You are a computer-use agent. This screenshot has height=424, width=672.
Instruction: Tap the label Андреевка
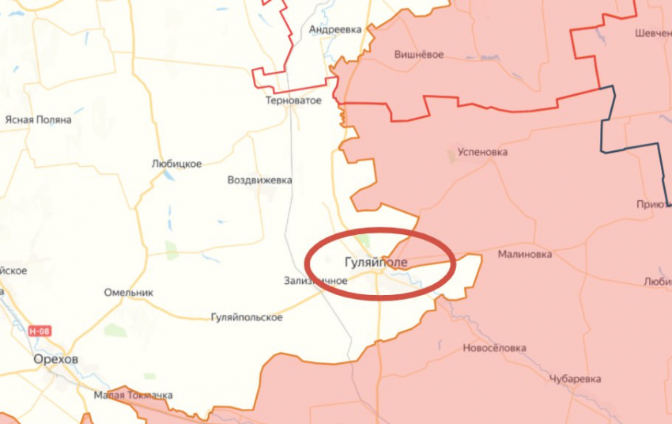pyautogui.click(x=335, y=29)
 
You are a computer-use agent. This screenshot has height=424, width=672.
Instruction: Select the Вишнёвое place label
pyautogui.click(x=418, y=55)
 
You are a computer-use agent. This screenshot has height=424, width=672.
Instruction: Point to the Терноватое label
pyautogui.click(x=293, y=101)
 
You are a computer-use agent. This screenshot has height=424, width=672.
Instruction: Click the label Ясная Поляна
pyautogui.click(x=38, y=119)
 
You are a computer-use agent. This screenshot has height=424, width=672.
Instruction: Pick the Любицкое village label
pyautogui.click(x=176, y=164)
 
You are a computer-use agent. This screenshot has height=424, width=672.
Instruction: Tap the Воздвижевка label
pyautogui.click(x=259, y=180)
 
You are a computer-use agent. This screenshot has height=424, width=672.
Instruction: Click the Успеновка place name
pyautogui.click(x=482, y=152)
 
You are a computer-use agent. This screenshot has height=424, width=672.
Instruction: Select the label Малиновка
pyautogui.click(x=525, y=255)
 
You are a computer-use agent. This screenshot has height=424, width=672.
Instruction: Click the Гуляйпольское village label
pyautogui.click(x=247, y=317)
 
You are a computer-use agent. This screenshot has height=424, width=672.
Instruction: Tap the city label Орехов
pyautogui.click(x=56, y=359)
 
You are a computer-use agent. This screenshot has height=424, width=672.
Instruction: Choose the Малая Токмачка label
pyautogui.click(x=133, y=395)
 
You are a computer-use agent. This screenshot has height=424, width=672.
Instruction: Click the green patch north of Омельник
pyautogui.click(x=172, y=251)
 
